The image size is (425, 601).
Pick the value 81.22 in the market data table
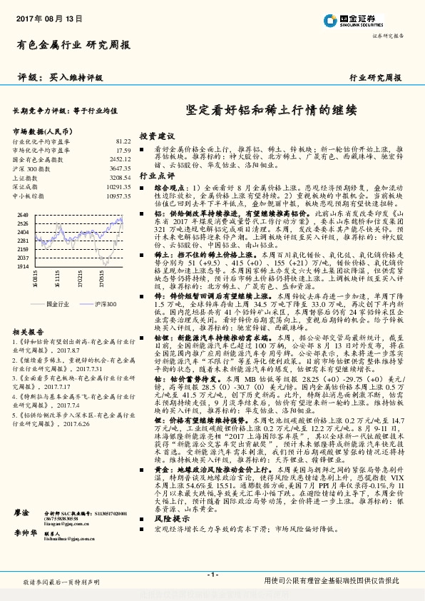(123, 142)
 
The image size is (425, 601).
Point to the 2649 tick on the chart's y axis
(23, 214)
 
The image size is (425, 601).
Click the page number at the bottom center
(212, 575)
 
